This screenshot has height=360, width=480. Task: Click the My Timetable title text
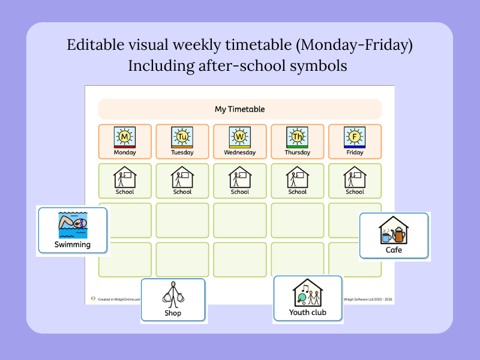[239, 109]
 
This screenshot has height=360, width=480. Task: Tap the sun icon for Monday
[125, 137]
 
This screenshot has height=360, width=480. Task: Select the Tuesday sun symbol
[182, 137]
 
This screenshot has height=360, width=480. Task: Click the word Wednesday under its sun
[240, 152]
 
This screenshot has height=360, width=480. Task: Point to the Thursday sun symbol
[298, 137]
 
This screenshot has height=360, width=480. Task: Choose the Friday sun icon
[355, 137]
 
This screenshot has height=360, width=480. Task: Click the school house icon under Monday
[125, 178]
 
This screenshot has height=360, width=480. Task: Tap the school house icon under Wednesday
[240, 178]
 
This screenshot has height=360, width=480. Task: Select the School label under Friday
[355, 192]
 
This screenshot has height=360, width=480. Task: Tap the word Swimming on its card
[73, 244]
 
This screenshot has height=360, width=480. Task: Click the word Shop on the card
[173, 313]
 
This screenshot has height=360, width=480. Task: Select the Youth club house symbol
[308, 293]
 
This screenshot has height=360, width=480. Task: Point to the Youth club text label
[308, 312]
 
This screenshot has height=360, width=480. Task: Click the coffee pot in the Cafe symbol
[399, 233]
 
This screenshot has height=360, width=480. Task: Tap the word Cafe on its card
[394, 250]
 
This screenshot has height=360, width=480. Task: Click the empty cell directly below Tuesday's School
[182, 220]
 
